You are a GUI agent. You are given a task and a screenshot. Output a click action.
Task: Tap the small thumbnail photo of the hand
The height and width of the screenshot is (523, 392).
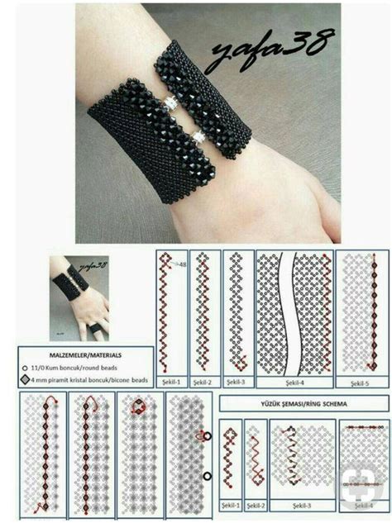coord(80,298)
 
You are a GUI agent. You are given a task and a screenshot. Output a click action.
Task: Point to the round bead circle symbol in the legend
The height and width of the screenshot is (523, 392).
coord(26,367)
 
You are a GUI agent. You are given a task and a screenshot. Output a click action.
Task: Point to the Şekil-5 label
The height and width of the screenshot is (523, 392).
coord(359,383)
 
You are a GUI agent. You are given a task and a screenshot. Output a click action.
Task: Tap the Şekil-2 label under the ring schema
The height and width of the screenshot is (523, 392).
coord(256,504)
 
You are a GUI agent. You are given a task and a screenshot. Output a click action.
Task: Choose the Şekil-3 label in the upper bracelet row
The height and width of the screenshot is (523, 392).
coord(237,383)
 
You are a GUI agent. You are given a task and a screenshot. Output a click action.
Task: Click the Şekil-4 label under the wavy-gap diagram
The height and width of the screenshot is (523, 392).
coord(294,383)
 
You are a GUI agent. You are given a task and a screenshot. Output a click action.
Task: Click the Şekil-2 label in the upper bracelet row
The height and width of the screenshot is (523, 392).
coord(203,383)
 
